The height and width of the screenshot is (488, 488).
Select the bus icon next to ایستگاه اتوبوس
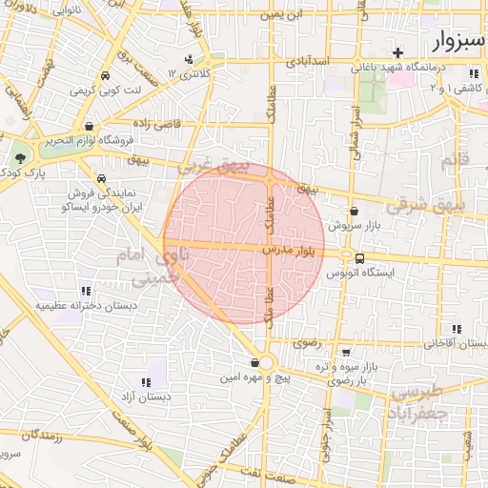pyautogui.click(x=359, y=257)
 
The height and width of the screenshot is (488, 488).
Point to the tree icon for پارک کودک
pyautogui.click(x=21, y=157)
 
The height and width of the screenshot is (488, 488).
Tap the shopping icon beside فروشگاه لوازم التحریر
pyautogui.click(x=89, y=126)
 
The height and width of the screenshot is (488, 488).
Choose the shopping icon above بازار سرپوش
pyautogui.click(x=355, y=212)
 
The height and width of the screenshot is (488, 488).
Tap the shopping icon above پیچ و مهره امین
pyautogui.click(x=254, y=362)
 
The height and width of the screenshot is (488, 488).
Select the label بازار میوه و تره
pyautogui.click(x=339, y=366)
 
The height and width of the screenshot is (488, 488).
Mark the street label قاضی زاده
pyautogui.click(x=156, y=124)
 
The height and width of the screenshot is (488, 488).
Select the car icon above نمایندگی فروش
pyautogui.click(x=100, y=178)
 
